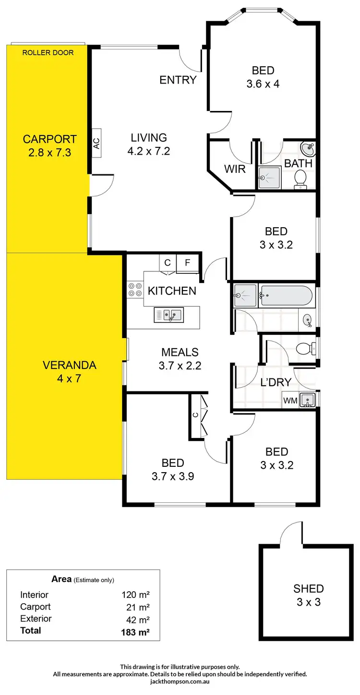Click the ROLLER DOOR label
pos(48,52)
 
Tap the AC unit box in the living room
pos(96,143)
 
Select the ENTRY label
pos(178,80)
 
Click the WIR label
pos(235,169)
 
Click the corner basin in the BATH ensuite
pos(308,149)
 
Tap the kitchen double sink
pos(168,315)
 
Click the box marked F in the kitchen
pos(188,263)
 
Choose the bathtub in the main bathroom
pos(286,296)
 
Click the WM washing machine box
pos(289,400)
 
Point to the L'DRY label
pos(275,382)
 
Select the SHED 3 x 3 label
pos(309,595)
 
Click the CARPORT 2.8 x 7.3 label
pos(49,146)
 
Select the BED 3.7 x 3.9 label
pos(172,469)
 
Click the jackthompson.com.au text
pos(180,681)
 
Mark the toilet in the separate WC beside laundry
pos(305,348)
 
